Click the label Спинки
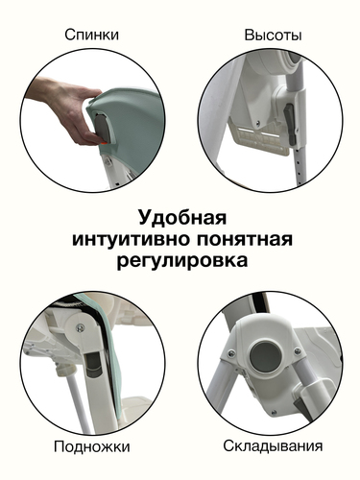(91, 35)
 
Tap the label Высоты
(273, 35)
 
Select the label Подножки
(92, 446)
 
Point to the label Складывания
(273, 445)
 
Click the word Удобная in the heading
(182, 218)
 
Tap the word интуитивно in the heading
(132, 239)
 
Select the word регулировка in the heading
(182, 260)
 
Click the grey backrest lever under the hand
(102, 128)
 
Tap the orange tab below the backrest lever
(104, 143)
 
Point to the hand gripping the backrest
(64, 108)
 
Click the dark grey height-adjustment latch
(290, 123)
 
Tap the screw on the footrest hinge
(80, 327)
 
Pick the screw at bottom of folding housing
(273, 413)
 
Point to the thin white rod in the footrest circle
(77, 402)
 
